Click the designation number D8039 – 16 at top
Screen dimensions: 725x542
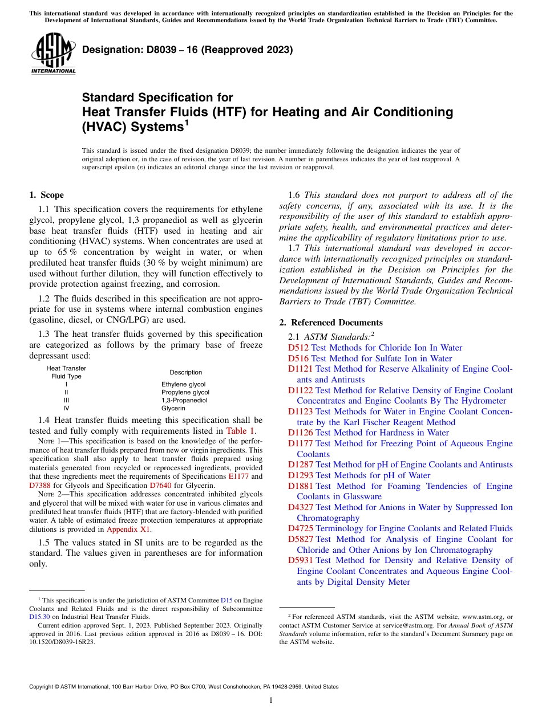[188, 50]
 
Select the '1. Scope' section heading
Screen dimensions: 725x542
[46, 195]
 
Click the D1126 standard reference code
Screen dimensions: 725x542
[301, 433]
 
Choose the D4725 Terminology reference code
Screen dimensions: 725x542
[301, 528]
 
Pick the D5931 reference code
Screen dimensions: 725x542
[301, 560]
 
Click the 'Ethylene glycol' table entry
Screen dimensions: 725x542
[183, 384]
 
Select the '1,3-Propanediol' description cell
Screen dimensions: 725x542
[184, 400]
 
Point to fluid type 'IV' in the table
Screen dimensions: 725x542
[66, 408]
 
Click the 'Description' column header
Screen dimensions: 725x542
[185, 372]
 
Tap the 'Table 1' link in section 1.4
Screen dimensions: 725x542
[241, 431]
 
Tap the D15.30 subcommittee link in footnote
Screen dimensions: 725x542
[39, 616]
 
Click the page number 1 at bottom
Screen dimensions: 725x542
[271, 700]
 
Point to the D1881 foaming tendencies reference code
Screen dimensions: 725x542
[301, 486]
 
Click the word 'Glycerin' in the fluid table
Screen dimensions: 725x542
[173, 408]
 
